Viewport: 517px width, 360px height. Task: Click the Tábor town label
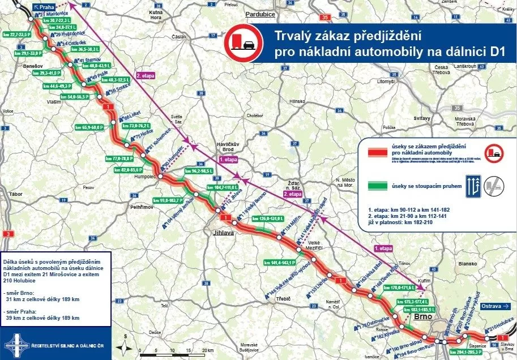tap(16, 195)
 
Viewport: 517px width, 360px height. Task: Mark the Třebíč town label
tap(283, 299)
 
